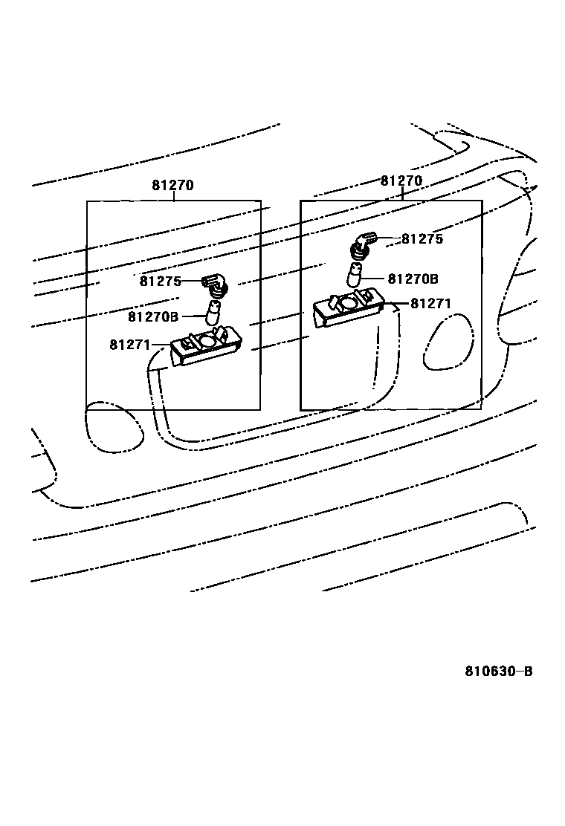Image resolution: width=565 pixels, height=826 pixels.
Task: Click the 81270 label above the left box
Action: click(x=172, y=186)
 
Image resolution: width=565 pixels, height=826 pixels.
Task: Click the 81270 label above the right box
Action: click(x=401, y=181)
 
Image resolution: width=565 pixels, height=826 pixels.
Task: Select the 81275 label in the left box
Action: click(x=160, y=281)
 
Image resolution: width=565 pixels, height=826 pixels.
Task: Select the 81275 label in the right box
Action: click(x=422, y=239)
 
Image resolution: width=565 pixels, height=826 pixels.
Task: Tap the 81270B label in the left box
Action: click(x=153, y=316)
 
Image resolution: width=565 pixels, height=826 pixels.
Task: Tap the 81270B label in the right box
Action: click(x=413, y=279)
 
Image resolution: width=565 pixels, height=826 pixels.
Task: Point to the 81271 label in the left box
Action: click(x=130, y=345)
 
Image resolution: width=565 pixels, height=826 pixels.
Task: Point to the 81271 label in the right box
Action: click(x=430, y=304)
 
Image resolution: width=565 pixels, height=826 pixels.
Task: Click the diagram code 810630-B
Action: click(x=499, y=671)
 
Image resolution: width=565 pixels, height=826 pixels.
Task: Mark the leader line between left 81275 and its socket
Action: click(x=192, y=281)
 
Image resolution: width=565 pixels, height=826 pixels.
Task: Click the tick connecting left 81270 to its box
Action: click(x=174, y=196)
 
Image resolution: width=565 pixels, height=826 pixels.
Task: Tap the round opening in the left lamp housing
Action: click(x=208, y=339)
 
